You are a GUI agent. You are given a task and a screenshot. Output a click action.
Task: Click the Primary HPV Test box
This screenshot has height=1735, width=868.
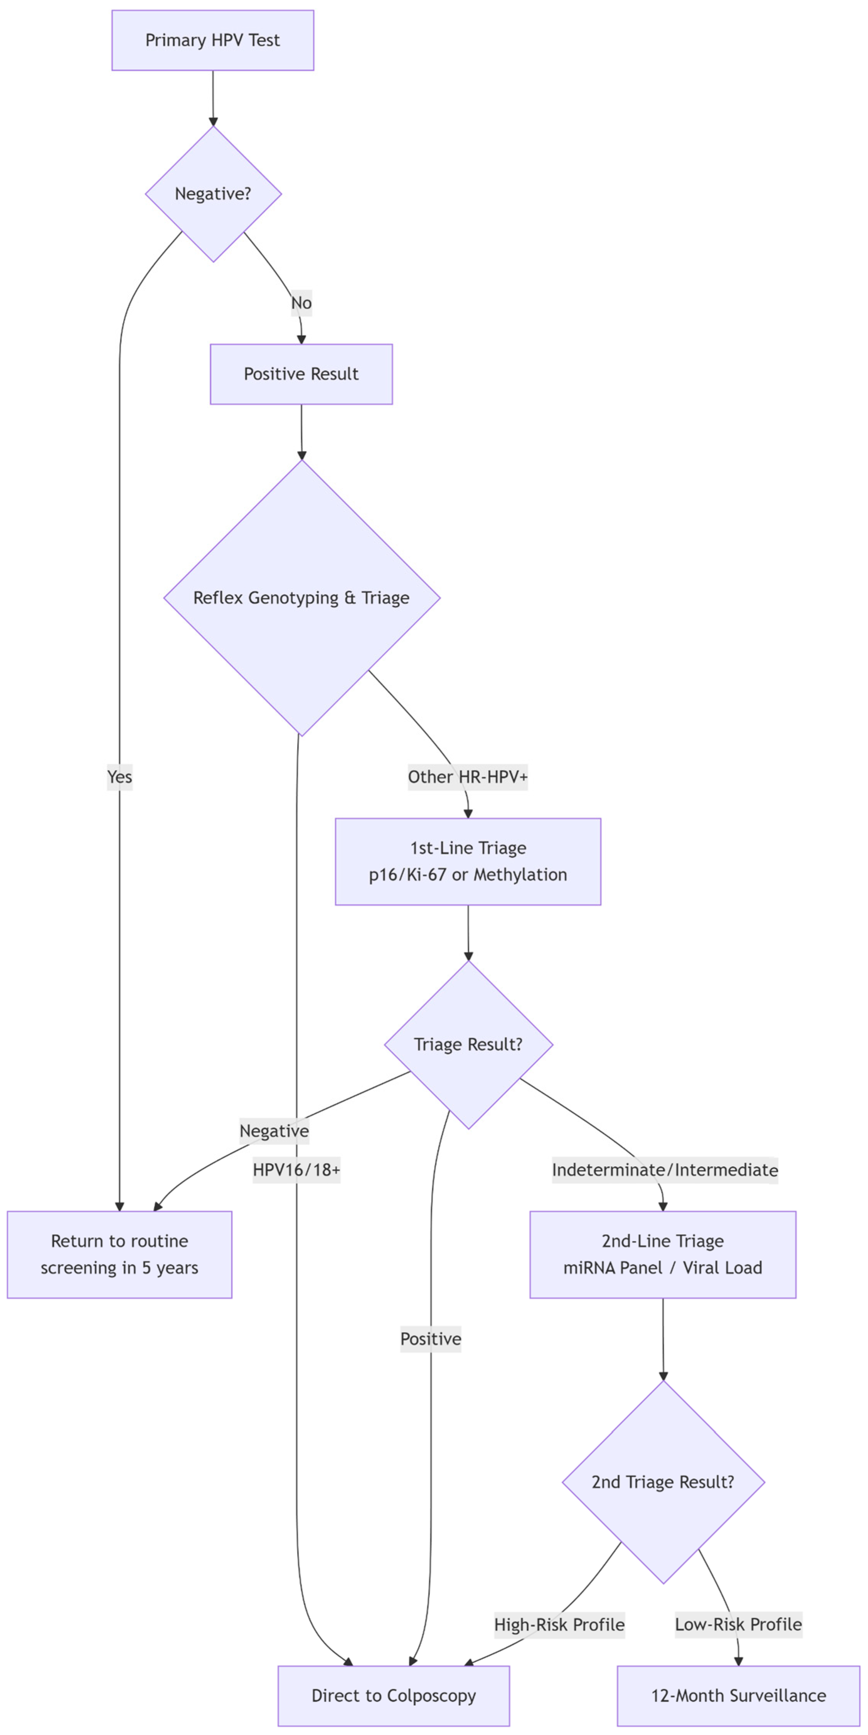click(x=213, y=40)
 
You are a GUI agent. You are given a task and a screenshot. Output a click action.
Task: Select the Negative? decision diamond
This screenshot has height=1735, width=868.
click(x=213, y=194)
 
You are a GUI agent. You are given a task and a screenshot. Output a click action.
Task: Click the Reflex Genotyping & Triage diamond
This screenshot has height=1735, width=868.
click(x=301, y=598)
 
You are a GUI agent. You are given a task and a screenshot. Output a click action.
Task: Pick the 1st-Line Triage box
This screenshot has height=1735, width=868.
click(x=468, y=861)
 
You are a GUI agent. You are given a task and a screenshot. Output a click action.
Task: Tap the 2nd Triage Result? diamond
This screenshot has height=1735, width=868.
click(x=662, y=1482)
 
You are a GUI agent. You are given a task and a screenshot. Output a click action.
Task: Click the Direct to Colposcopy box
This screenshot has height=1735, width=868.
click(x=393, y=1695)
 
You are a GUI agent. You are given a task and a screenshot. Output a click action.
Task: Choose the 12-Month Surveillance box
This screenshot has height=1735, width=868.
click(x=738, y=1695)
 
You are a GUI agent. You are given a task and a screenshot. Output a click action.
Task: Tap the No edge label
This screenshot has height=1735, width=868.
click(x=301, y=303)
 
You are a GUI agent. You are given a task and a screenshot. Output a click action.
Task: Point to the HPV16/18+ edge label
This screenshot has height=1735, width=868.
click(x=296, y=1170)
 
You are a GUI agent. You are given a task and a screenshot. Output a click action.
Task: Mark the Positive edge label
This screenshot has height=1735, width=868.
click(x=430, y=1338)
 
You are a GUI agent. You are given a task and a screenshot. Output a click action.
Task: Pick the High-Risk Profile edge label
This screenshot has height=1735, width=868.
click(x=559, y=1624)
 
